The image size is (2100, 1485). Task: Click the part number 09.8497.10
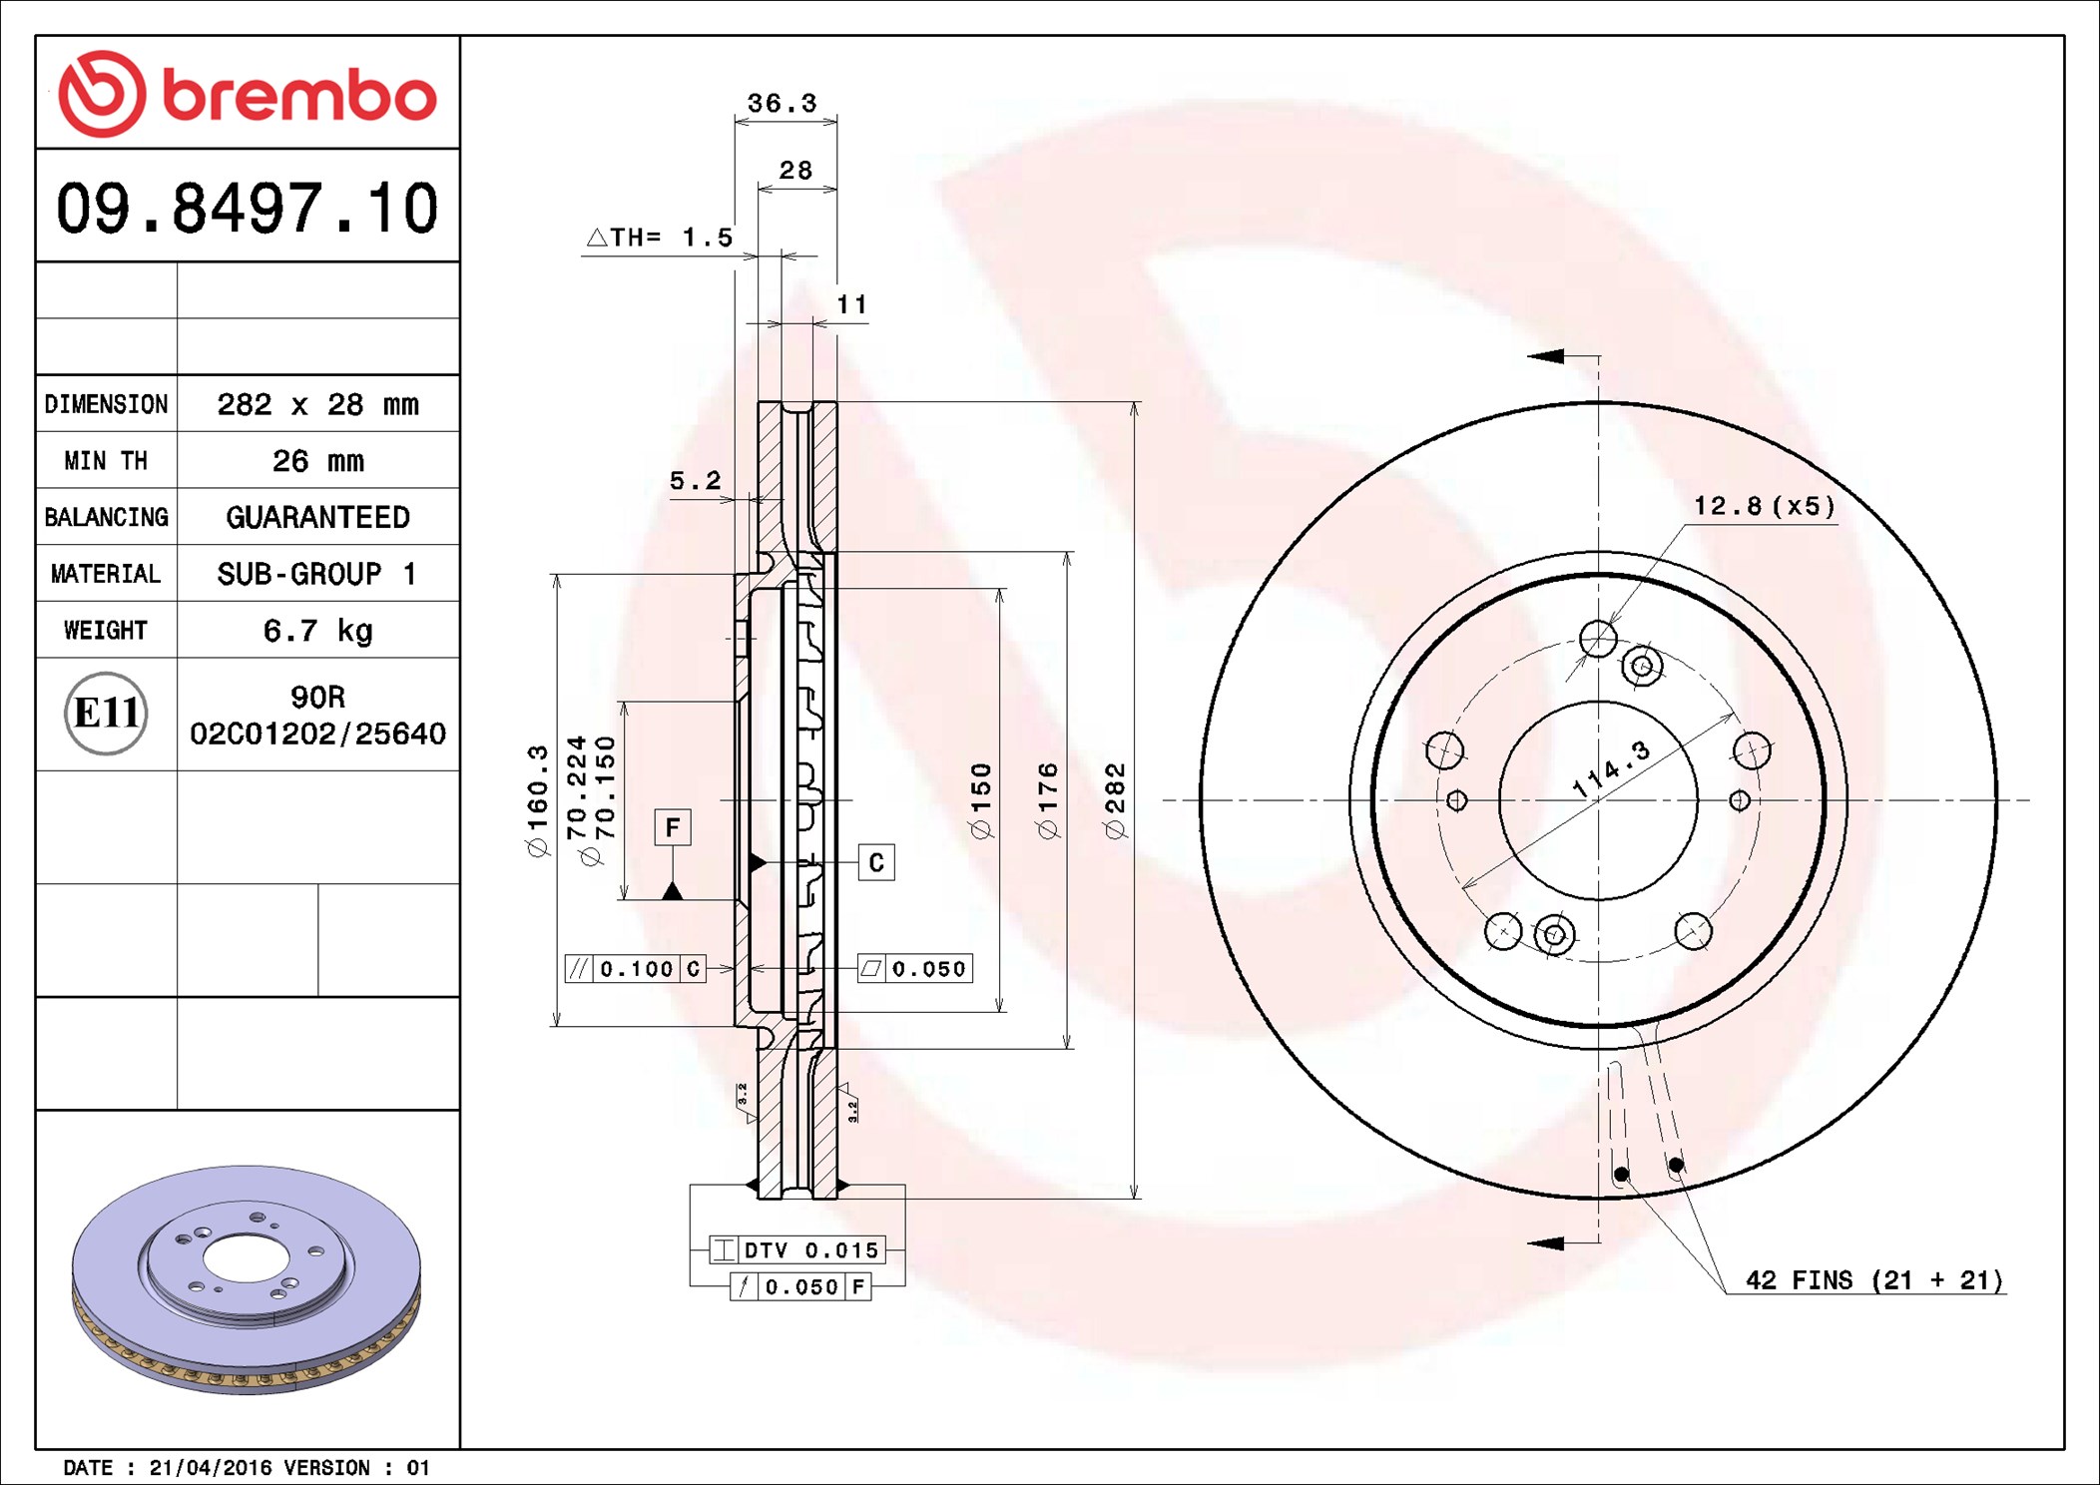[x=247, y=208]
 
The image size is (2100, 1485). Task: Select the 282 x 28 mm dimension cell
[x=318, y=404]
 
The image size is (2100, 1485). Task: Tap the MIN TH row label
[x=106, y=460]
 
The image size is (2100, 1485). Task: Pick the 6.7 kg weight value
[x=318, y=631]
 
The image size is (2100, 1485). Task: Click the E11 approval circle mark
[x=106, y=713]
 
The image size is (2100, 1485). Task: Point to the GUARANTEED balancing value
[x=318, y=517]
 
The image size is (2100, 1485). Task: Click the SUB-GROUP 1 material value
[x=317, y=574]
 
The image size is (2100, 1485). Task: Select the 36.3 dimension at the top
[x=783, y=103]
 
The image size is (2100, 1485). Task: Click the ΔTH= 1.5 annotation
[x=660, y=238]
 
